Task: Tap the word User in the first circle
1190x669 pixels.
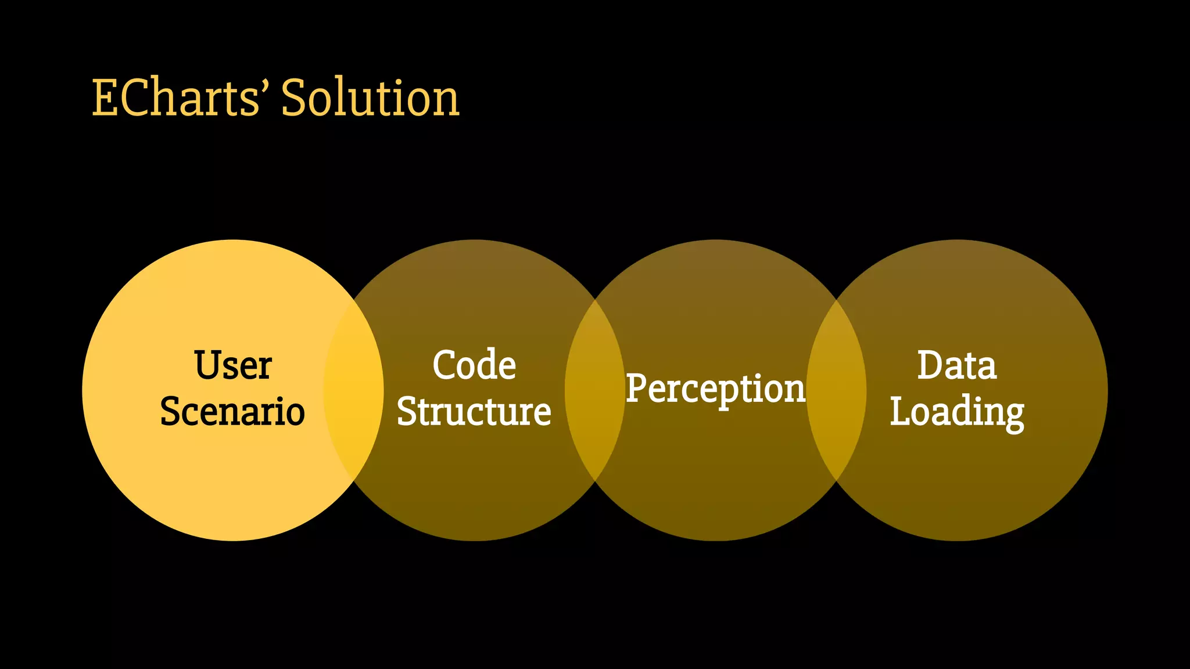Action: click(232, 365)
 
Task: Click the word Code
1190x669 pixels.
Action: click(474, 365)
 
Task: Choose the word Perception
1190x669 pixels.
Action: click(715, 389)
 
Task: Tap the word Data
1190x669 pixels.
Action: click(956, 365)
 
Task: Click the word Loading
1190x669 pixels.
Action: click(956, 412)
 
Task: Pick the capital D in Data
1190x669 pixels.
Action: click(931, 365)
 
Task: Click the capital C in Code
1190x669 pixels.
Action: click(445, 365)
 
